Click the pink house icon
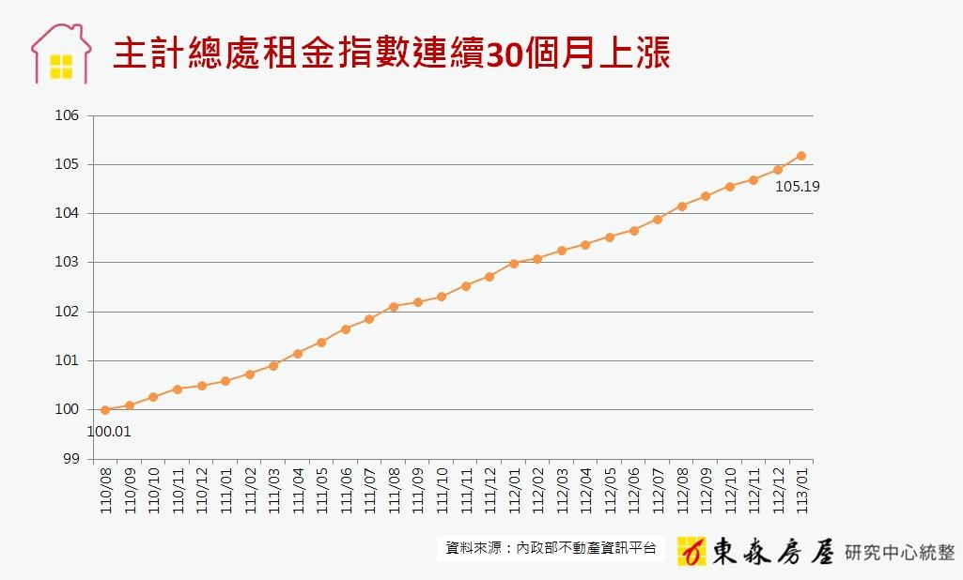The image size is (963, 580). click(x=61, y=54)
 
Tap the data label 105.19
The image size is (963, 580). click(x=797, y=187)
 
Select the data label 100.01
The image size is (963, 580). click(x=109, y=432)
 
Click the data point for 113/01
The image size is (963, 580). click(x=801, y=156)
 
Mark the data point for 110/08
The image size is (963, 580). click(x=105, y=409)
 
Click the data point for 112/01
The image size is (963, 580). click(x=514, y=264)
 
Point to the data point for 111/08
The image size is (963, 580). click(x=394, y=307)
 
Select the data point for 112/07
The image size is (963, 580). click(x=658, y=220)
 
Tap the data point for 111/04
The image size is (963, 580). click(x=298, y=354)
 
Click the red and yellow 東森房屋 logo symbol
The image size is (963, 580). click(x=691, y=550)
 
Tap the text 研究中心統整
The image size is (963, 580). click(x=900, y=550)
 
